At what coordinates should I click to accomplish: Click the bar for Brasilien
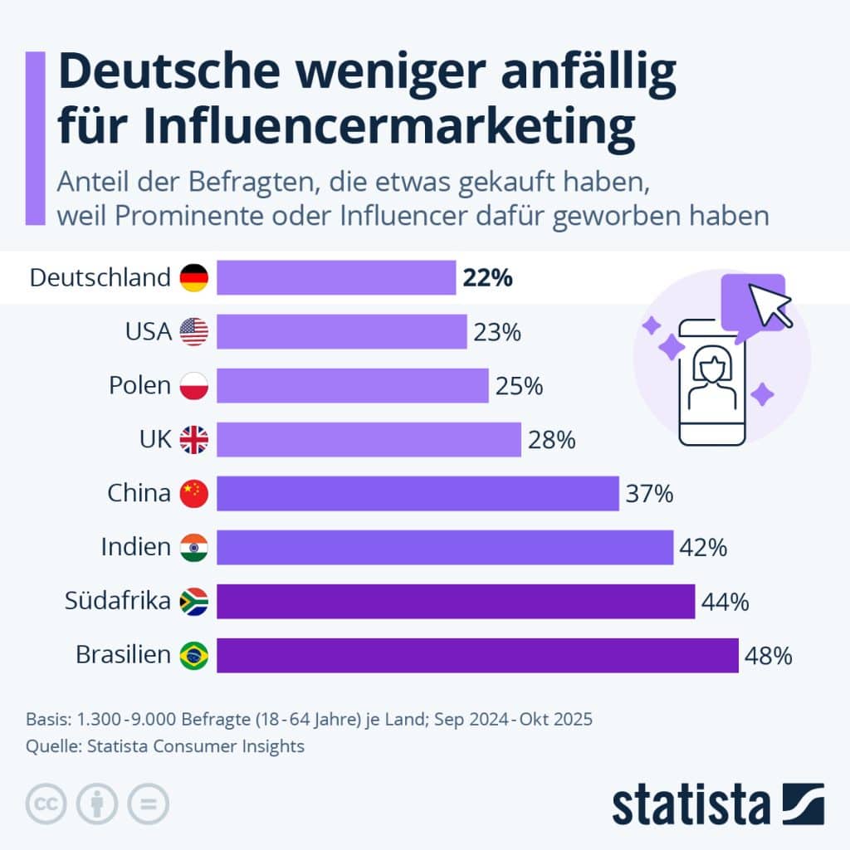coord(477,655)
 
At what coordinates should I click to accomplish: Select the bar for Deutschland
coord(336,277)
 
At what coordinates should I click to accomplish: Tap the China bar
coord(418,493)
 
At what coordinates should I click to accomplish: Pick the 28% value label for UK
coord(551,440)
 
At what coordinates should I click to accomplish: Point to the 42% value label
coord(703,548)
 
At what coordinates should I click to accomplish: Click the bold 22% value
coord(488,277)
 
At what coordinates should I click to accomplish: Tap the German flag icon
coord(194,277)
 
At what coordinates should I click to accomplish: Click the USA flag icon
coord(194,332)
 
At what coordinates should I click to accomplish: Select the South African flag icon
coord(194,601)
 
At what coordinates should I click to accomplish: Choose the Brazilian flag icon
coord(194,656)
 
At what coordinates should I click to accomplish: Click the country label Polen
coord(139,386)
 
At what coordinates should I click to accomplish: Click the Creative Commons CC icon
coord(46,804)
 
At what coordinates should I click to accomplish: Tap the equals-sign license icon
coord(148,804)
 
